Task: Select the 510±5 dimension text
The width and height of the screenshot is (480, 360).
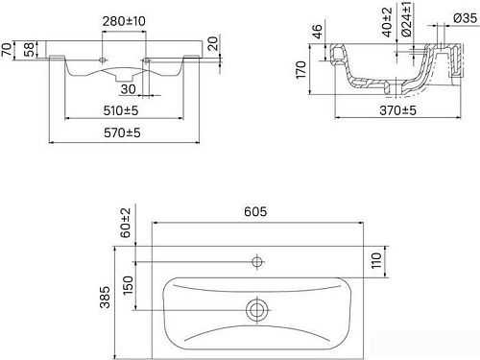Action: (122, 109)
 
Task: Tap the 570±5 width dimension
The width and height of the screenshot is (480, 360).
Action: (123, 134)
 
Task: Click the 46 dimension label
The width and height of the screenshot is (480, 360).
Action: (318, 34)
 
